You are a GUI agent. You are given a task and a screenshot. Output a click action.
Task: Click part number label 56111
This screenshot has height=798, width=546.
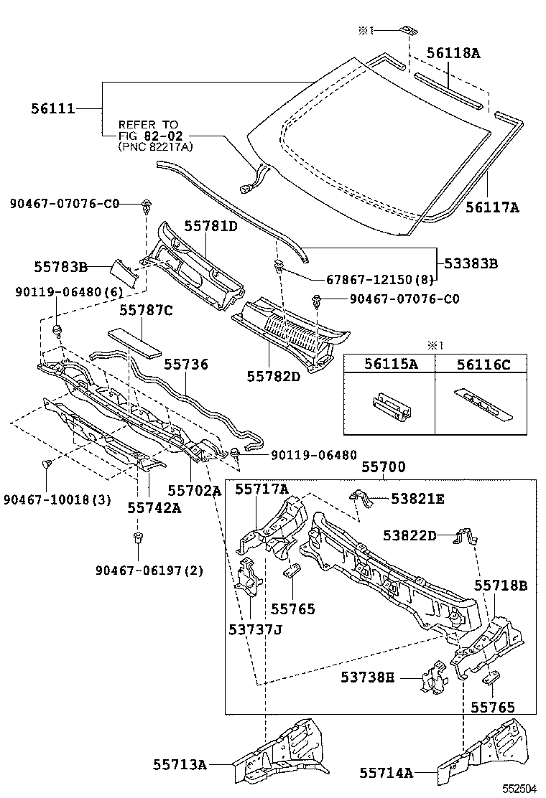[53, 109]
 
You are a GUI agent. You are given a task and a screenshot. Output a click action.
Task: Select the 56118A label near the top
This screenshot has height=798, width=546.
[453, 52]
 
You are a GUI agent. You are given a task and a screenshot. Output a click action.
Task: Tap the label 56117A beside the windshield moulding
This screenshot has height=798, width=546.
[492, 208]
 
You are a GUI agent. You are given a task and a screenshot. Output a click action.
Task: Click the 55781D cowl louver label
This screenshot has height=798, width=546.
[210, 226]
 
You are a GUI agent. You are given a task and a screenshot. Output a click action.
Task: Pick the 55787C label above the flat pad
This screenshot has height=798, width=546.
[146, 311]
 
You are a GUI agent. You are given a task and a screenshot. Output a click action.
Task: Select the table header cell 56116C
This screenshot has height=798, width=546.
[483, 365]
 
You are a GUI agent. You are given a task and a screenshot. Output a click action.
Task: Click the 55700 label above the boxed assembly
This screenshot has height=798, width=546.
[383, 467]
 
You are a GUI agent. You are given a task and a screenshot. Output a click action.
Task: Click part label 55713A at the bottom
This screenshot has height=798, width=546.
[180, 765]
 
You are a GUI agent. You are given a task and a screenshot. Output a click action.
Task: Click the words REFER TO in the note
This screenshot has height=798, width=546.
[148, 124]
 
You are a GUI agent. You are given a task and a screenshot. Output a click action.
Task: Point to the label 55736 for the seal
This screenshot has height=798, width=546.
[186, 365]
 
